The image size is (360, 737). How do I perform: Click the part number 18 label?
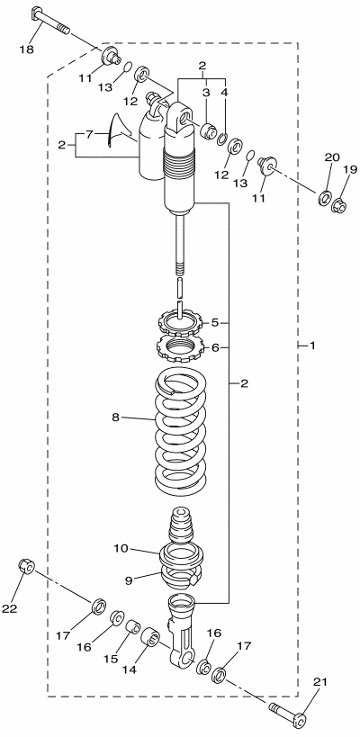click(x=27, y=49)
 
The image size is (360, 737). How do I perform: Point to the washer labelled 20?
click(x=325, y=198)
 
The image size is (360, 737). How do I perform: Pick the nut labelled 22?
click(x=26, y=566)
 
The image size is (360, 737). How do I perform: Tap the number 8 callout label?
click(x=116, y=417)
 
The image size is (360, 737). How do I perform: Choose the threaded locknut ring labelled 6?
click(x=179, y=348)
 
